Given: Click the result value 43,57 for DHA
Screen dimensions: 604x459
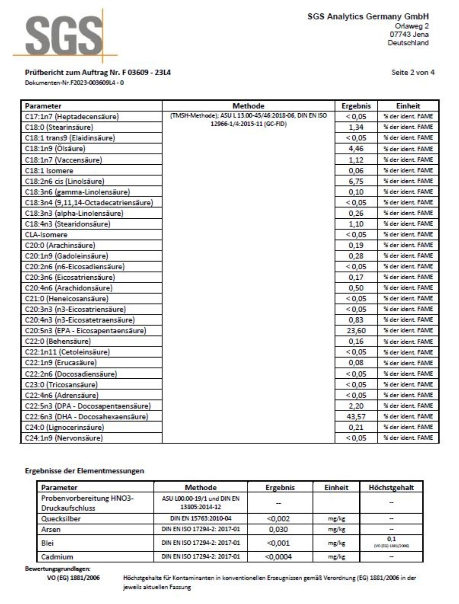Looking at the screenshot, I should coord(356,416).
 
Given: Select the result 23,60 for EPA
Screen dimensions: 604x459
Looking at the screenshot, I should coord(356,331).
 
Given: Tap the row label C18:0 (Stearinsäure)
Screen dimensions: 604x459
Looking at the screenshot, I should coord(59,127).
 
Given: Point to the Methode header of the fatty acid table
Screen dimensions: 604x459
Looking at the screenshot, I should coord(248,106).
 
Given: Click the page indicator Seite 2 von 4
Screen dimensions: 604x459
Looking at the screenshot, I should coord(413,72).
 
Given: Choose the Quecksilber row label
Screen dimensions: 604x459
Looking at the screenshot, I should coord(61,519).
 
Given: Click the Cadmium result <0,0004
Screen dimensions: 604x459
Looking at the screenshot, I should coord(278,557).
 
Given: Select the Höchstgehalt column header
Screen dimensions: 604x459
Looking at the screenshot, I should coord(391,487).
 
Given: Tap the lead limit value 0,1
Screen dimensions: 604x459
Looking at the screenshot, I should coord(391,539).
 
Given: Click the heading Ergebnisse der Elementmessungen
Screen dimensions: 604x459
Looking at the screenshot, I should coord(84,471).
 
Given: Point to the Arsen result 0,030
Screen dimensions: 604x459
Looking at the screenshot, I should coord(278,529).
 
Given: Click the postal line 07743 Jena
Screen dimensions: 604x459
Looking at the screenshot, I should coord(409,34).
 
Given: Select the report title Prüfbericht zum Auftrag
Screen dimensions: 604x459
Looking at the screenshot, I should coord(98,72).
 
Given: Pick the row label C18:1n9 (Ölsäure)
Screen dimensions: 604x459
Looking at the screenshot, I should coord(55,149).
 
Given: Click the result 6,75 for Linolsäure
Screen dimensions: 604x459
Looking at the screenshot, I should coord(356,181).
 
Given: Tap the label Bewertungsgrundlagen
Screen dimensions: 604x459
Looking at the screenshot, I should coord(58,569).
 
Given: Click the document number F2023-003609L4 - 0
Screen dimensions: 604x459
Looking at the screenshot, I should coord(74,83).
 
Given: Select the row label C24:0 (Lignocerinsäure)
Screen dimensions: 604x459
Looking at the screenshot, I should coord(64,427).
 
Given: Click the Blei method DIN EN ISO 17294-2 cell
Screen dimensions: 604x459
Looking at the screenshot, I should coord(200,543).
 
